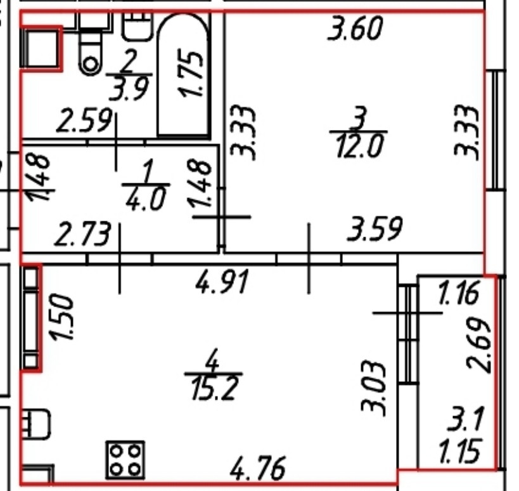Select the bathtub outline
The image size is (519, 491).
point(158,76)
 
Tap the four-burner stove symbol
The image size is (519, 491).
point(125,460)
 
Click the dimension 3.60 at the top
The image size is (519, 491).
point(355,29)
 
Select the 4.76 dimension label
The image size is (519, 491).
point(257,468)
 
